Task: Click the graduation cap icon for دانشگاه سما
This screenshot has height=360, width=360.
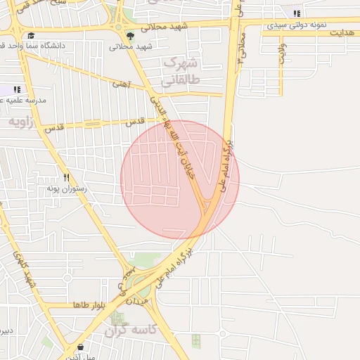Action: pyautogui.click(x=30, y=36)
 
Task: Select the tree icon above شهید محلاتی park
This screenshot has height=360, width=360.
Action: pyautogui.click(x=130, y=36)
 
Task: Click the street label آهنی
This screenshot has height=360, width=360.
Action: pyautogui.click(x=120, y=84)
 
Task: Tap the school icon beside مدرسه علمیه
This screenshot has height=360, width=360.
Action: pyautogui.click(x=17, y=89)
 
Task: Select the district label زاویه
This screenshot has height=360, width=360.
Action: pyautogui.click(x=22, y=122)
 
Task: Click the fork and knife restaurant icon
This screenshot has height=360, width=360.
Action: pyautogui.click(x=66, y=178)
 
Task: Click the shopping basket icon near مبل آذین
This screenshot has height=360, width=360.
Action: pyautogui.click(x=81, y=347)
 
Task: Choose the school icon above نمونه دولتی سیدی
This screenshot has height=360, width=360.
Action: pyautogui.click(x=297, y=13)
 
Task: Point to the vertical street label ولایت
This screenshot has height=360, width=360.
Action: pyautogui.click(x=282, y=53)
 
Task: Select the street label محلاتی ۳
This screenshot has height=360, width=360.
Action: pyautogui.click(x=241, y=46)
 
